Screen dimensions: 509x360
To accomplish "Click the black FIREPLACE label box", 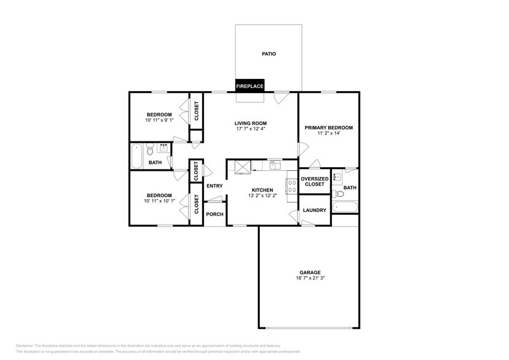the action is (250, 86).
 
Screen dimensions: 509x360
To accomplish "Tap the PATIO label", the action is (269, 54).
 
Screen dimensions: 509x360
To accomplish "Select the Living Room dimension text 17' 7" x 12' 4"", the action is (251, 129).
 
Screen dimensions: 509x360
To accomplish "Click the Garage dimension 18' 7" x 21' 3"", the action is (310, 278).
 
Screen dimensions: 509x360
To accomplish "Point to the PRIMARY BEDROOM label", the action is (328, 128).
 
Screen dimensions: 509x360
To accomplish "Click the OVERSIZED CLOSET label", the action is (315, 181).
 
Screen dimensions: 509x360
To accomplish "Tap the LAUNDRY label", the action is (314, 211).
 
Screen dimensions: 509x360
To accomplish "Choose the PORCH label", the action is (214, 214).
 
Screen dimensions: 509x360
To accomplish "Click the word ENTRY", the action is (214, 186).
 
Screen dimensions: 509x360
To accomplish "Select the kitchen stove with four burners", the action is (292, 186).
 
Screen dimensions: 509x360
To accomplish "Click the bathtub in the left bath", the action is (137, 156).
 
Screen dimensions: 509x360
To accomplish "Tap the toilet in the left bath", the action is (149, 149).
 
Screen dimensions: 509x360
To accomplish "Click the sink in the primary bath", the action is (337, 177).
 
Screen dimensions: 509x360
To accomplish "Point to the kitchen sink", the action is (274, 165).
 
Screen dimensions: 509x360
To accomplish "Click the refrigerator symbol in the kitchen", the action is (243, 167).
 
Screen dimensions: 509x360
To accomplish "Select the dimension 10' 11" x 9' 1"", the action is (159, 120).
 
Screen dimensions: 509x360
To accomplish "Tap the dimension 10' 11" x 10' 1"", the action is (159, 201).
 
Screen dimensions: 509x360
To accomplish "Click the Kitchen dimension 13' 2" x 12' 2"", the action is (262, 196).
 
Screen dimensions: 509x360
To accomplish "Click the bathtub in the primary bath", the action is (345, 207).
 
